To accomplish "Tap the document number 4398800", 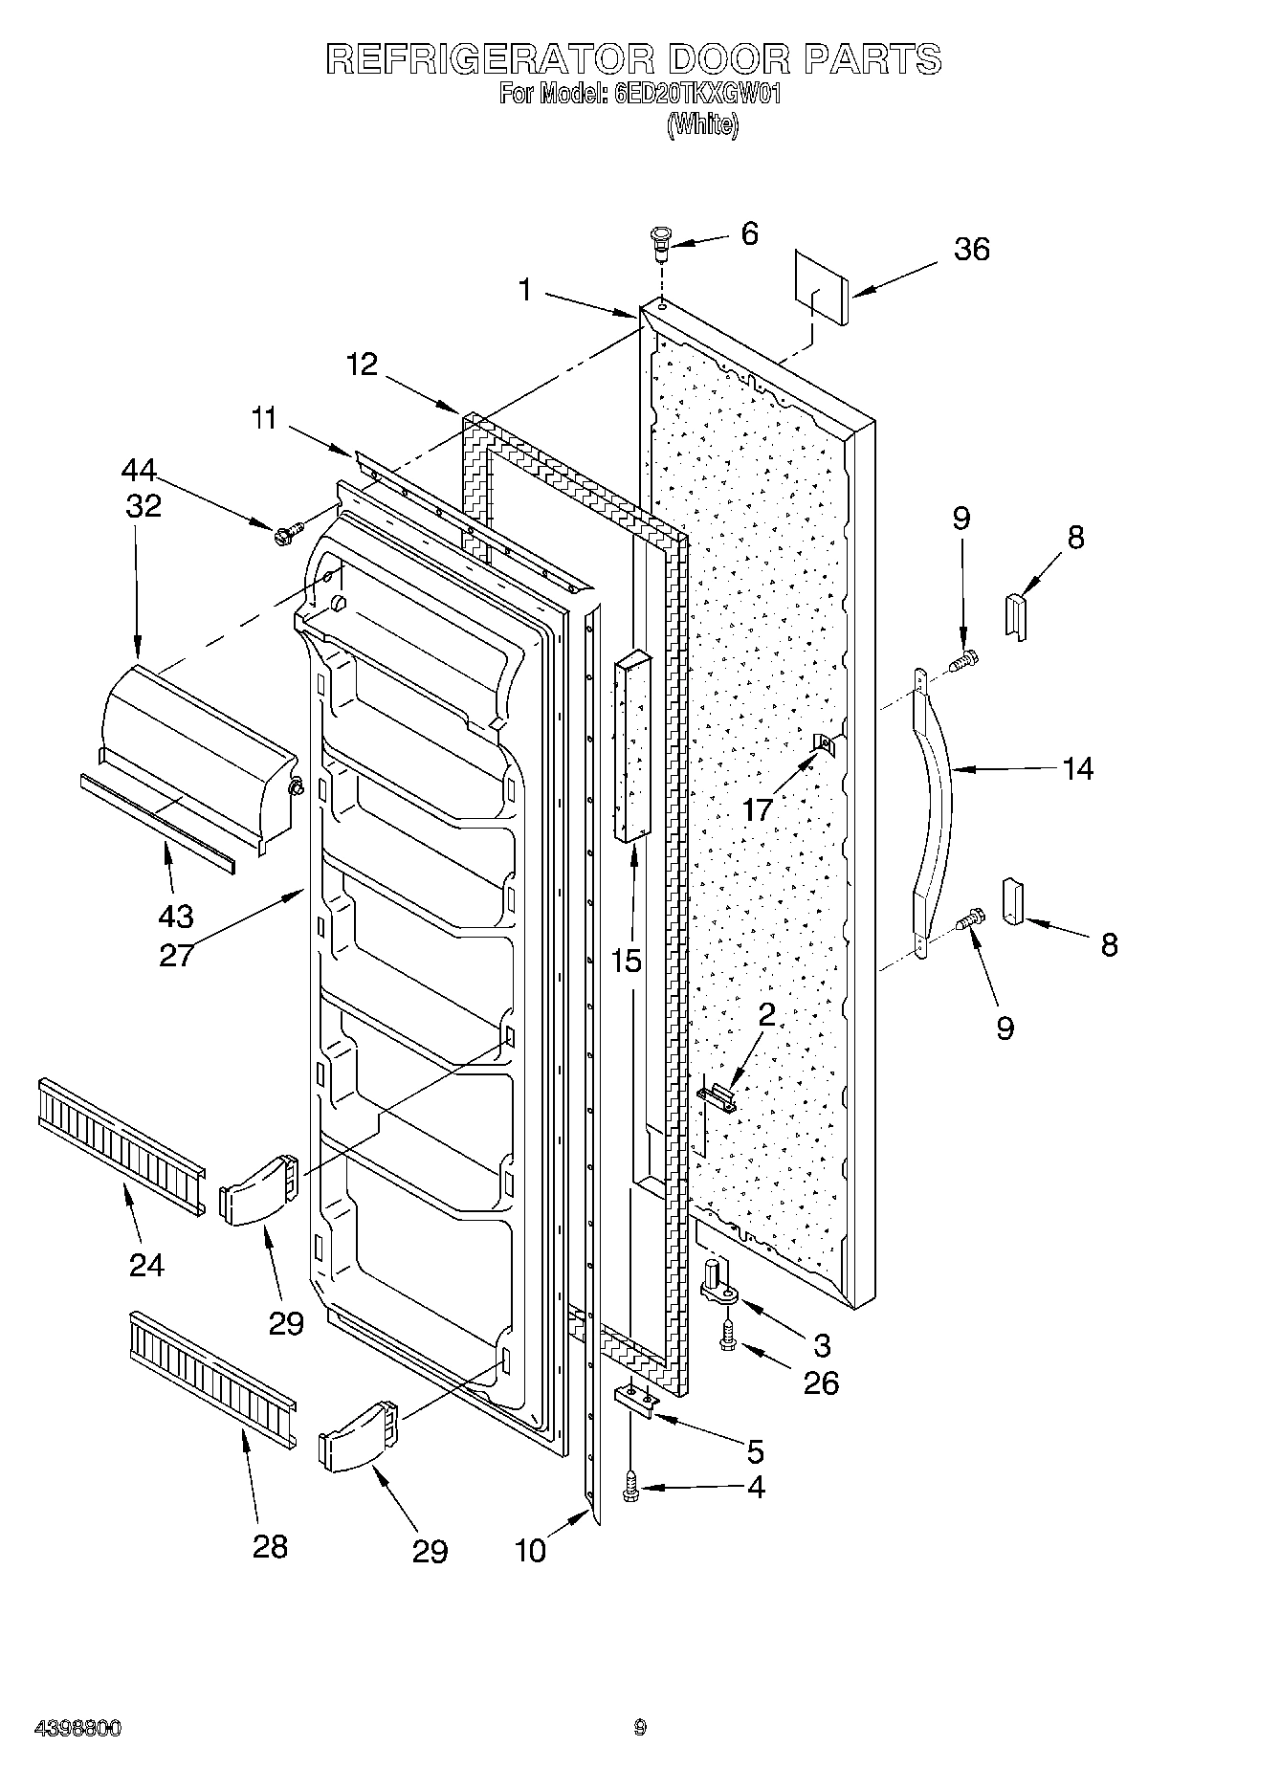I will (77, 1729).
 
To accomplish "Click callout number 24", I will (146, 1265).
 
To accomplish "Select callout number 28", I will (270, 1546).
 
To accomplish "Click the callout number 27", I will (176, 955).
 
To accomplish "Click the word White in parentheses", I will (702, 124).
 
